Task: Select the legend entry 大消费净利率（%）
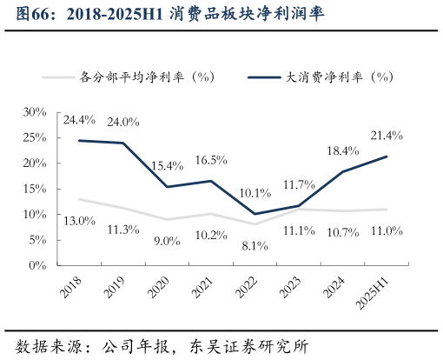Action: coord(340,77)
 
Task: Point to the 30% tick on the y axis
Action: coord(35,112)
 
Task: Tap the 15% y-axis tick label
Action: coord(35,189)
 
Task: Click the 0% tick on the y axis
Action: coord(38,265)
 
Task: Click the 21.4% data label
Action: coord(386,136)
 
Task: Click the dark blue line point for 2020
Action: coord(167,187)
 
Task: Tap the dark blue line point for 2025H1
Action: coord(387,157)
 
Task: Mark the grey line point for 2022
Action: coord(255,224)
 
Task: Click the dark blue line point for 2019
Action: coord(122,143)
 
